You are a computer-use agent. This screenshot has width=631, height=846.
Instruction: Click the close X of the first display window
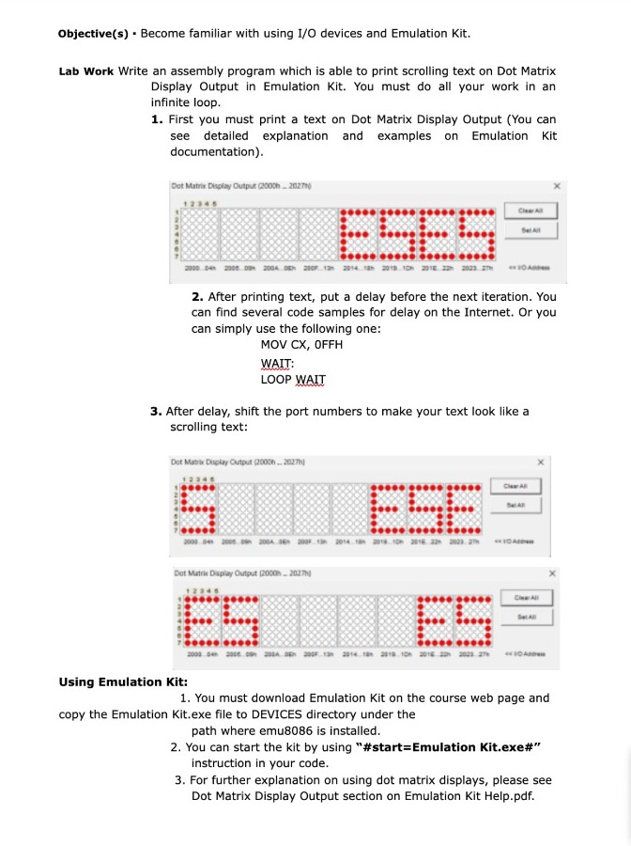[x=557, y=185]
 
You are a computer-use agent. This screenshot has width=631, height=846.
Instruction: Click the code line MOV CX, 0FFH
[x=301, y=345]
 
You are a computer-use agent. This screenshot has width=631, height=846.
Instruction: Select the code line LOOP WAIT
[x=293, y=380]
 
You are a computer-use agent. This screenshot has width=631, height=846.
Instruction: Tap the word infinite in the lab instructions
[x=174, y=102]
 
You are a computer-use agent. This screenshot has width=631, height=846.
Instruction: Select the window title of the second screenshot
[x=230, y=461]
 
